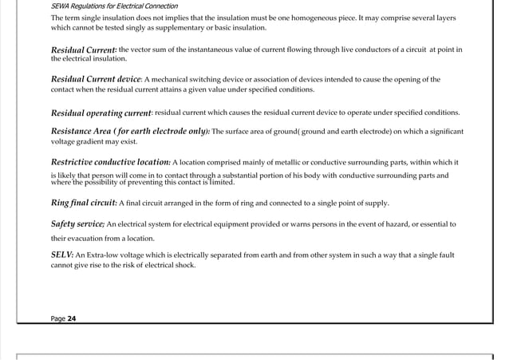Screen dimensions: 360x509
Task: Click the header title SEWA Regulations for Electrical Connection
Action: point(114,6)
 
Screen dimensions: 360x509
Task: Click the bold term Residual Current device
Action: point(96,80)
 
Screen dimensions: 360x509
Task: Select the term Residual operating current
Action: point(101,113)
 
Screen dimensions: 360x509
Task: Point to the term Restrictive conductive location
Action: point(110,162)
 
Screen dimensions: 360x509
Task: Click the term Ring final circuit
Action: point(84,203)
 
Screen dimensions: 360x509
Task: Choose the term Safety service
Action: point(77,224)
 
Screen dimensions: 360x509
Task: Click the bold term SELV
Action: point(61,254)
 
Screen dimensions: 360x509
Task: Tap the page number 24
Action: point(72,318)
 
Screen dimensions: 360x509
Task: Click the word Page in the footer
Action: point(57,318)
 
